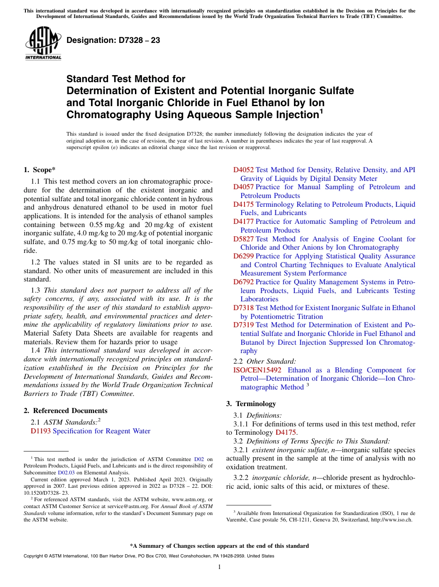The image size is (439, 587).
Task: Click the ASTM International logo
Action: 43,43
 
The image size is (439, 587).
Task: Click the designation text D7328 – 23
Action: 113,40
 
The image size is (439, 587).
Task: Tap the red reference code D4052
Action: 243,170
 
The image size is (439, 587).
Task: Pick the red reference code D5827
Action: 243,239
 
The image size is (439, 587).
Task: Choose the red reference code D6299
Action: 243,256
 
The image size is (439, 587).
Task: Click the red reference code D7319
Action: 243,325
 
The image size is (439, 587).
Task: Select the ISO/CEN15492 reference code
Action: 257,370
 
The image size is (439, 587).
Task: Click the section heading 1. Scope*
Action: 39,170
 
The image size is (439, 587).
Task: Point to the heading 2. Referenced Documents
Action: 65,411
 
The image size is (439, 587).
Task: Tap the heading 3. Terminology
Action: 251,404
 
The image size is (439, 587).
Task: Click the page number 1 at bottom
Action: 219,567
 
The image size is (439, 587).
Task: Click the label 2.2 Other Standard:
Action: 265,361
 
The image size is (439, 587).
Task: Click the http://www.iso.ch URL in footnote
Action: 391,519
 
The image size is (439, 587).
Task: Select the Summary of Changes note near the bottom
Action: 219,546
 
